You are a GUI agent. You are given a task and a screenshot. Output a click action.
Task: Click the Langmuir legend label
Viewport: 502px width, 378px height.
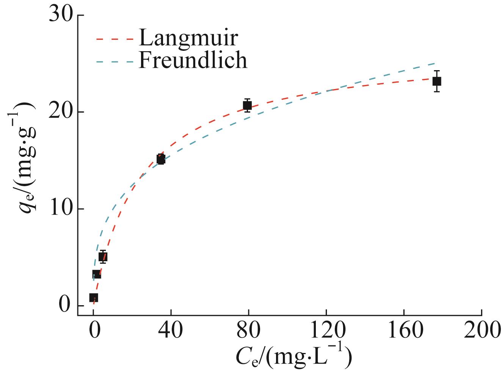click(188, 38)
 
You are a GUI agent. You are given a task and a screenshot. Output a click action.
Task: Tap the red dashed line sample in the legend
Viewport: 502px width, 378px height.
click(115, 39)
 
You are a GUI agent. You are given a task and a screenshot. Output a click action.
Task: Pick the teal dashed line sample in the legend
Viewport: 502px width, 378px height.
click(115, 61)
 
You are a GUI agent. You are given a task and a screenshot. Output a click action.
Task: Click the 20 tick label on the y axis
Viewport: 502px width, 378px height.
click(62, 112)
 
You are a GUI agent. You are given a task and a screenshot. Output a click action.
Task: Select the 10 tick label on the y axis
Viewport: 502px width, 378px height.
click(62, 209)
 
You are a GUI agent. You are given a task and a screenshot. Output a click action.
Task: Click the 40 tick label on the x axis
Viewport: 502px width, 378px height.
click(171, 331)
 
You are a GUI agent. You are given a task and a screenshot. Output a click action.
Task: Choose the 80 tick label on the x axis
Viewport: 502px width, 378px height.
click(249, 331)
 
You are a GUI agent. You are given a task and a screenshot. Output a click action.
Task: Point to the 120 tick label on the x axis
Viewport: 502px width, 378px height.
click(326, 331)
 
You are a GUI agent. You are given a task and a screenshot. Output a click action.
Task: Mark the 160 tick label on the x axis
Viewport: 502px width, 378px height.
click(404, 331)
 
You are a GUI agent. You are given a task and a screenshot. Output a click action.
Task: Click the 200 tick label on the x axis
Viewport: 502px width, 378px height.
click(482, 331)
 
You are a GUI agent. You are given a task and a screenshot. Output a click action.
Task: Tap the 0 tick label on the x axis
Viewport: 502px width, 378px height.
click(93, 331)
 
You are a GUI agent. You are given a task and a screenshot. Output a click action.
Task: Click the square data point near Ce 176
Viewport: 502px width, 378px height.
click(437, 81)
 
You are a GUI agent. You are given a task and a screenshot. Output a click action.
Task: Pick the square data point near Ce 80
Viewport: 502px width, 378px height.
click(248, 105)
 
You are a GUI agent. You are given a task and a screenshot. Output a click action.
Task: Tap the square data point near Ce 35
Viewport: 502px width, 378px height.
click(161, 160)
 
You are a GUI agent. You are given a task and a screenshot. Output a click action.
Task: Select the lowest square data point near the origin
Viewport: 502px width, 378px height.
click(94, 298)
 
